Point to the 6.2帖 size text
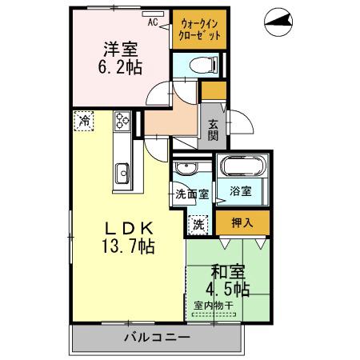[x=121, y=68]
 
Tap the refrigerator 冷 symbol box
[x=84, y=121]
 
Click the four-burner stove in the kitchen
[x=123, y=121]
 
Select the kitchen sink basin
[x=123, y=173]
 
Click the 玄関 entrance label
[x=214, y=129]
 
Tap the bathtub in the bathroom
[x=240, y=167]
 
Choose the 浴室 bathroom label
[x=241, y=192]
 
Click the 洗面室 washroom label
[x=192, y=194]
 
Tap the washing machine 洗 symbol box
[x=197, y=225]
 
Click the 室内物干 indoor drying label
[x=214, y=305]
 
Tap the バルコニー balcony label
[x=157, y=337]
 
